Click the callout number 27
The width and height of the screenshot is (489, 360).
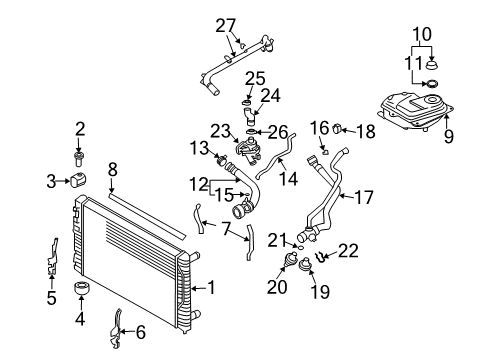(x=226, y=26)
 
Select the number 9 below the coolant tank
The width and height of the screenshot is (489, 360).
(x=449, y=136)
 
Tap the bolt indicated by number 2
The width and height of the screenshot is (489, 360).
(x=78, y=160)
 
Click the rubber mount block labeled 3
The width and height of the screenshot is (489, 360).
(x=78, y=180)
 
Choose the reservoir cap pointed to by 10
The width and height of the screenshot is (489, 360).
(x=432, y=64)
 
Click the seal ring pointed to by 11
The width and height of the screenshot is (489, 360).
(x=432, y=84)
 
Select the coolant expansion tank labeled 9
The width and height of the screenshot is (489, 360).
(x=416, y=112)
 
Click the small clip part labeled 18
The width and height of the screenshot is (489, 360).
(x=337, y=128)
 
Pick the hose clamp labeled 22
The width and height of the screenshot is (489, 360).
(x=320, y=257)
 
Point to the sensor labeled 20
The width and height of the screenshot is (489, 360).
(x=290, y=259)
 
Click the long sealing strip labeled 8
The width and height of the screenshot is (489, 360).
(x=147, y=214)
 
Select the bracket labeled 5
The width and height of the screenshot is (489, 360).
(x=52, y=257)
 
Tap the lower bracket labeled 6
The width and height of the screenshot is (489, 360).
(x=115, y=329)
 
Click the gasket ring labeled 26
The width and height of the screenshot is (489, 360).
(x=252, y=132)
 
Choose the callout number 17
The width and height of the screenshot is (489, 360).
(x=364, y=197)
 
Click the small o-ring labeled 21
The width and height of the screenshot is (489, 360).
(x=300, y=247)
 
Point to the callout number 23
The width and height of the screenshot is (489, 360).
(x=220, y=131)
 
